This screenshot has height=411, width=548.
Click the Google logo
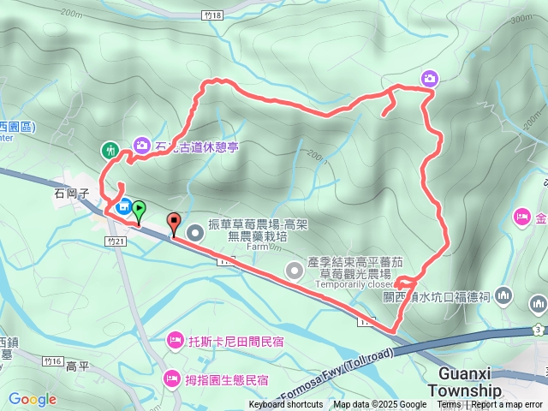[32, 399]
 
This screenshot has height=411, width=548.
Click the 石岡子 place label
[72, 194]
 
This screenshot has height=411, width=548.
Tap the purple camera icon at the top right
[429, 79]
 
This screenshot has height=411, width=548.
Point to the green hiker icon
[110, 151]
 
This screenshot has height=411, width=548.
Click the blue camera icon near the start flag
[123, 205]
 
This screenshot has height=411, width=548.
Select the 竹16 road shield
[49, 363]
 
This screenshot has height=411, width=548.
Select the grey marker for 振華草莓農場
[195, 230]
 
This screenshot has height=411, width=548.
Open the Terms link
[449, 405]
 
